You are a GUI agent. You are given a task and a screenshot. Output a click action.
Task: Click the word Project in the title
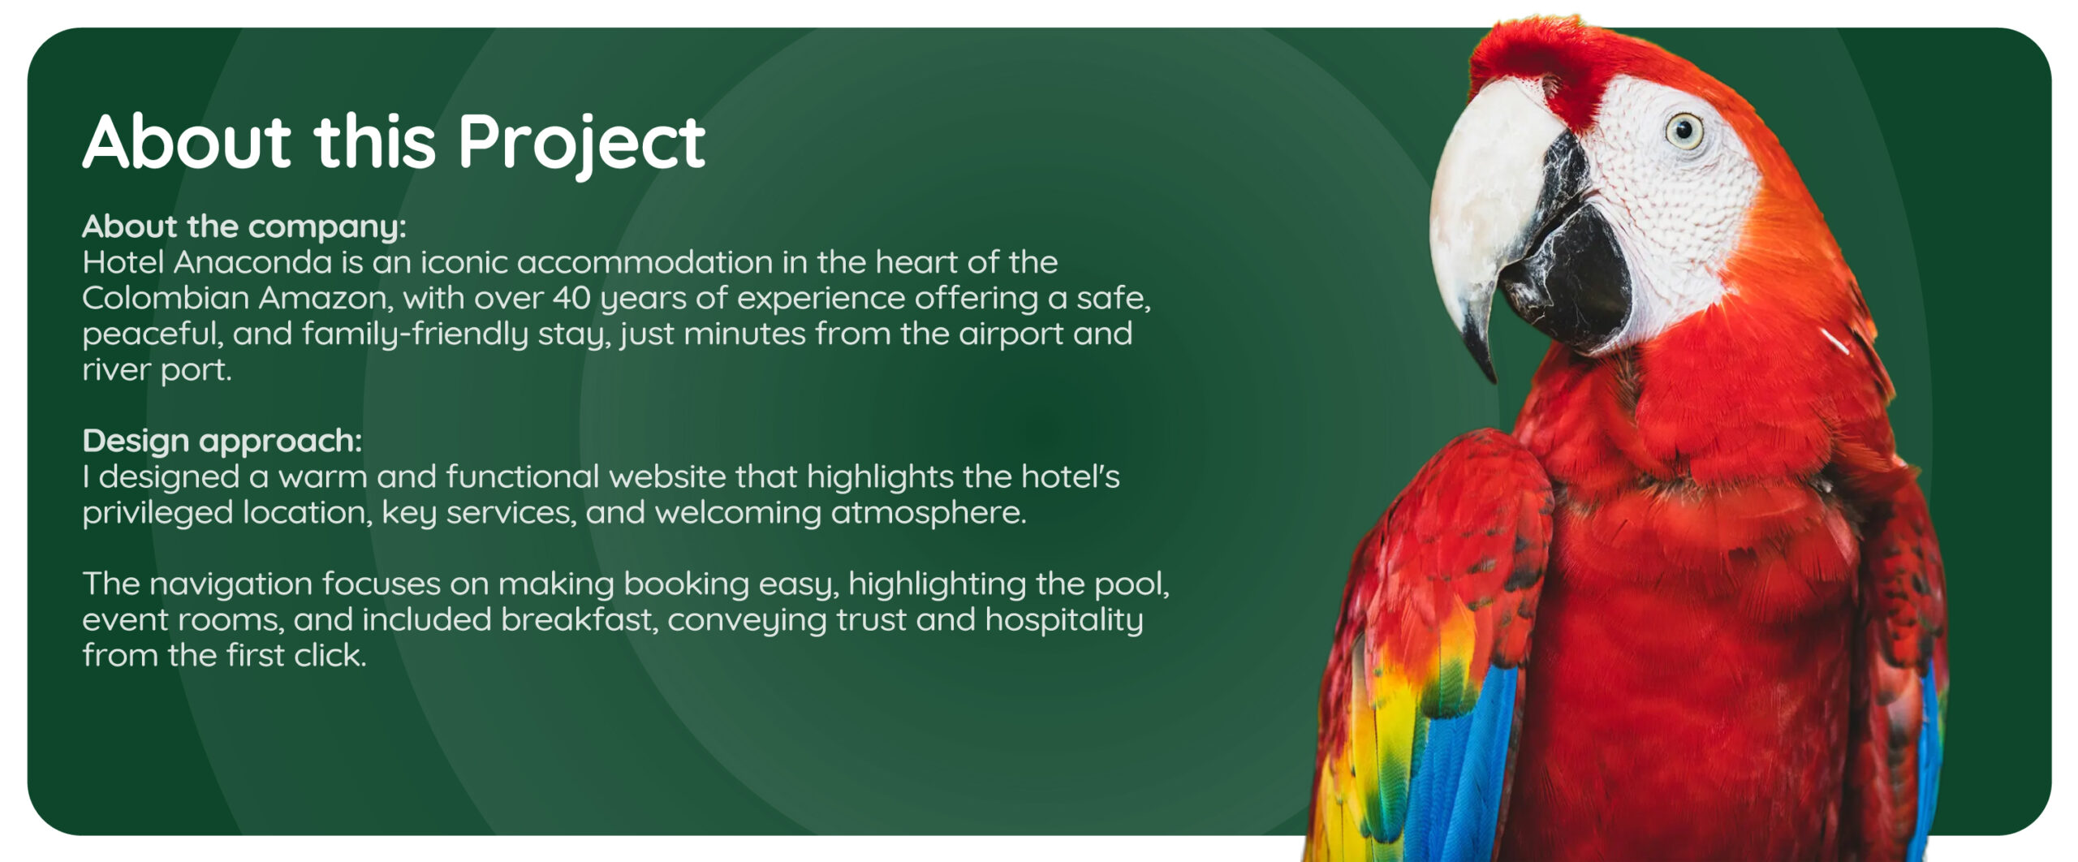click(x=581, y=144)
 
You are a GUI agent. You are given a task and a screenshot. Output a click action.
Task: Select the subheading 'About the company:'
click(x=244, y=226)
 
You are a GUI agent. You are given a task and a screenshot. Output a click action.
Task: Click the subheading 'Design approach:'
click(x=222, y=441)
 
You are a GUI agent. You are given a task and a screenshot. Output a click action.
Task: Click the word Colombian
click(x=166, y=298)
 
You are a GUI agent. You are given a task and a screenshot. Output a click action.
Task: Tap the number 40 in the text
click(x=571, y=299)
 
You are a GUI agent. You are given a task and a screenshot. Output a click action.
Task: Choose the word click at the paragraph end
click(x=330, y=656)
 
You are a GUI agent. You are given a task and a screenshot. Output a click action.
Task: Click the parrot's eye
click(x=1685, y=131)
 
